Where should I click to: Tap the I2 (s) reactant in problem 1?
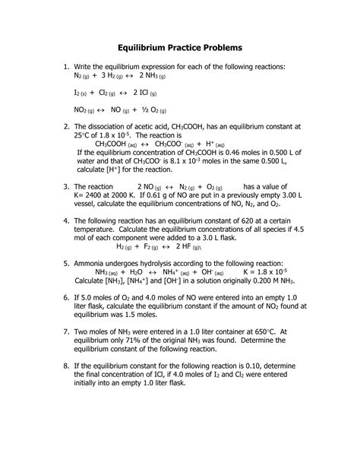pyautogui.click(x=84, y=94)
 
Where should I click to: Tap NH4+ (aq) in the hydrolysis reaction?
pyautogui.click(x=180, y=271)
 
